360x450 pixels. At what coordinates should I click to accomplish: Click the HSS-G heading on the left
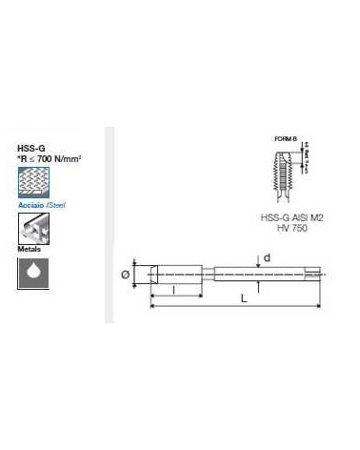pyautogui.click(x=30, y=147)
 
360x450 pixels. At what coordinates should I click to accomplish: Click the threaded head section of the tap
pyautogui.click(x=168, y=274)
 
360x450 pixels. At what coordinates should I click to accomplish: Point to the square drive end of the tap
pyautogui.click(x=313, y=274)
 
